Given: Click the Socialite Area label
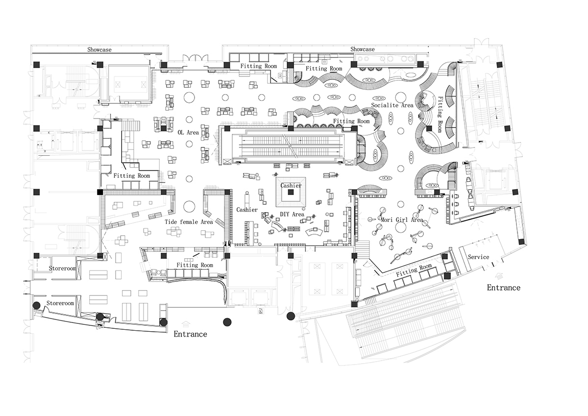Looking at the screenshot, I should [392, 105].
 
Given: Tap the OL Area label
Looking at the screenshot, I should [188, 132].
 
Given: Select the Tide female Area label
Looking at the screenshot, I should [189, 222].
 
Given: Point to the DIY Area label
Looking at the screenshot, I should [292, 214].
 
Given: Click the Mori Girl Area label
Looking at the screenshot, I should [402, 220].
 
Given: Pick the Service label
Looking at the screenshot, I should [478, 257].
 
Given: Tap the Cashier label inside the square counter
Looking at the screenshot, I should [291, 186].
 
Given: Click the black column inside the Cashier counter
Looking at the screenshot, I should [291, 193].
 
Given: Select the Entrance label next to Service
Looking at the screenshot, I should [503, 288].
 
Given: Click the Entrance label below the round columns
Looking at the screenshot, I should [190, 334].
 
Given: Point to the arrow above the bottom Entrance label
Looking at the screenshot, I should [186, 323].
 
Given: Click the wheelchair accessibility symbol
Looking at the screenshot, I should [259, 311].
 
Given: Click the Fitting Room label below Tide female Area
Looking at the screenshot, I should [195, 265].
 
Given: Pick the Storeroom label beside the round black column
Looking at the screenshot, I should [60, 304].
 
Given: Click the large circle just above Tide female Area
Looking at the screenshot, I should [188, 206].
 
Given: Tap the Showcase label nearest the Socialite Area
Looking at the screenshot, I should [362, 49].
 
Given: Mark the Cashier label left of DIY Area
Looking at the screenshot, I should [247, 210].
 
